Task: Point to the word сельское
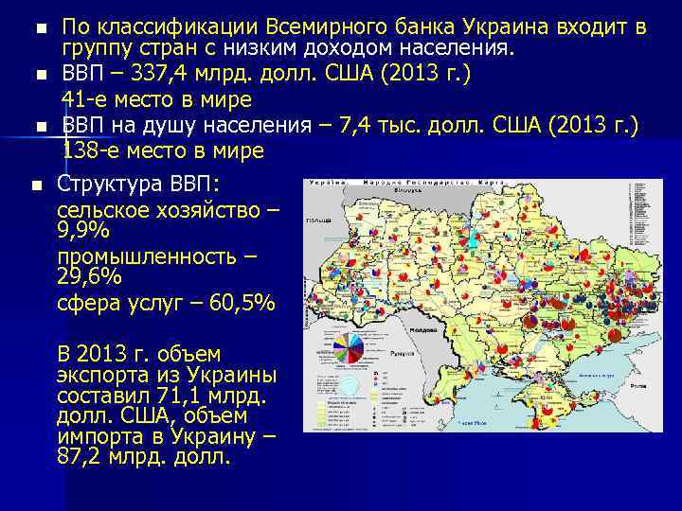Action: tap(103, 209)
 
